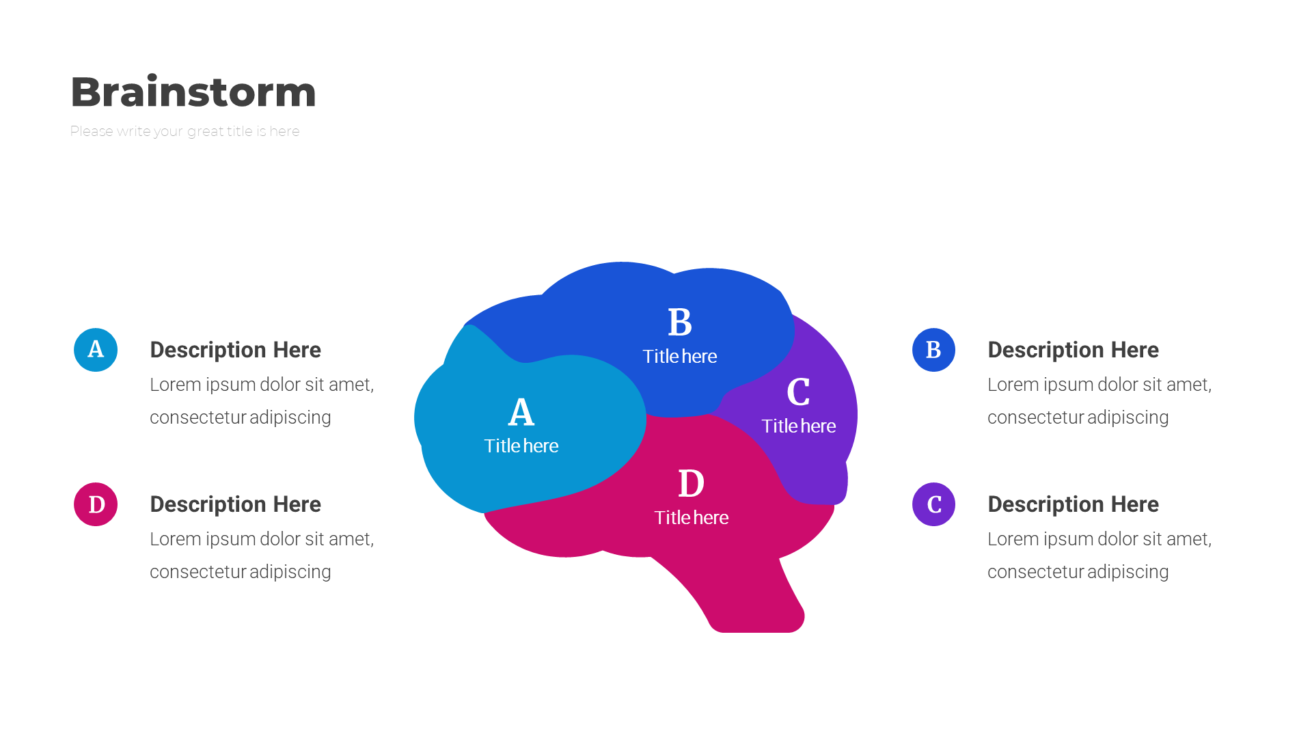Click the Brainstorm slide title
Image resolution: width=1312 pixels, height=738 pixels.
tap(193, 92)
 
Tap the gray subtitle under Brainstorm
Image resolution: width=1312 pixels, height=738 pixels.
tap(184, 131)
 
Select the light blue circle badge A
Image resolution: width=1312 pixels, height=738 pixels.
tap(96, 350)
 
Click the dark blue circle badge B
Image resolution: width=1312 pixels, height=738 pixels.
tap(933, 350)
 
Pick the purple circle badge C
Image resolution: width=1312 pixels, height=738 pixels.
tap(933, 504)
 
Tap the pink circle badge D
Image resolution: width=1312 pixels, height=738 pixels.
tap(96, 504)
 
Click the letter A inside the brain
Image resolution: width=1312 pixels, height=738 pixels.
tap(521, 412)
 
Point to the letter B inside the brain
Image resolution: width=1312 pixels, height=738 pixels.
tap(680, 322)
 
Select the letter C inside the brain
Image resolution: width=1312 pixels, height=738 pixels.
tap(798, 392)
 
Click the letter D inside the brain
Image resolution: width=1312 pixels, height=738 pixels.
tap(691, 483)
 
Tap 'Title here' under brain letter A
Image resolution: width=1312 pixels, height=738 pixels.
tap(521, 446)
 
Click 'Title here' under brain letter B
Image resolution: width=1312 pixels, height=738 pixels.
tap(680, 356)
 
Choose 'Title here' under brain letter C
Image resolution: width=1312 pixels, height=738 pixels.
tap(798, 426)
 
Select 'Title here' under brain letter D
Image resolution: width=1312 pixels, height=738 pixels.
tap(691, 517)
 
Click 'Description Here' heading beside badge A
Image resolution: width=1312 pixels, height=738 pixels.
tap(235, 350)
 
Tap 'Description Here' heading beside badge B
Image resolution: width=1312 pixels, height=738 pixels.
tap(1073, 350)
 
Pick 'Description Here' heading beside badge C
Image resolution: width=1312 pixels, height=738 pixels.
tap(1073, 504)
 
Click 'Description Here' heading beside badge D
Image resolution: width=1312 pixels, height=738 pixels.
tap(235, 504)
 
